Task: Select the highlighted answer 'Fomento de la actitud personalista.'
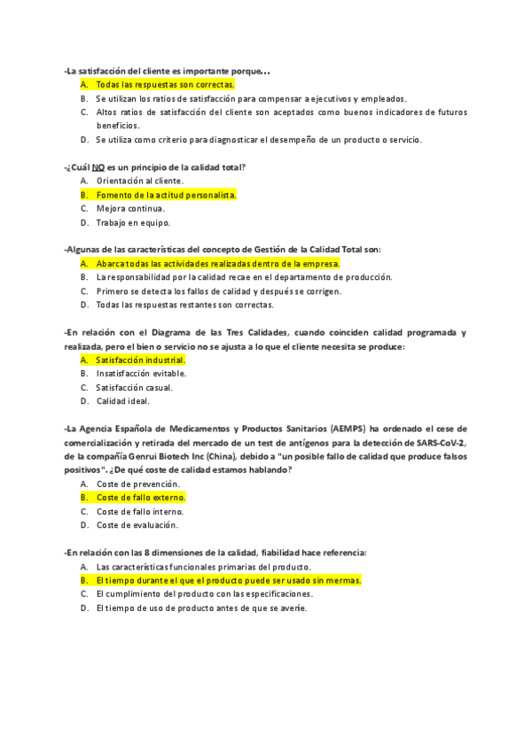[166, 195]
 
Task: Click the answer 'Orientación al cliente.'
[140, 181]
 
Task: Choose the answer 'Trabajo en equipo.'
[133, 223]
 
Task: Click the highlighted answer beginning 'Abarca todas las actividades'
[217, 264]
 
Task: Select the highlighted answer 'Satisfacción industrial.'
[140, 360]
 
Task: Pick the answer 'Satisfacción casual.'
[134, 387]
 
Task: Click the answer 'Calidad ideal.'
[122, 401]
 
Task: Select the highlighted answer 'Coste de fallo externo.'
[140, 498]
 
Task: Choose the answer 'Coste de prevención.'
[137, 484]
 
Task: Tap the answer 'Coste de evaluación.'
[137, 525]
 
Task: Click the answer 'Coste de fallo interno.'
[140, 512]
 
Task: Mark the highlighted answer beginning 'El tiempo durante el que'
[228, 581]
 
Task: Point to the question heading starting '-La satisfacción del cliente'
[168, 71]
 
